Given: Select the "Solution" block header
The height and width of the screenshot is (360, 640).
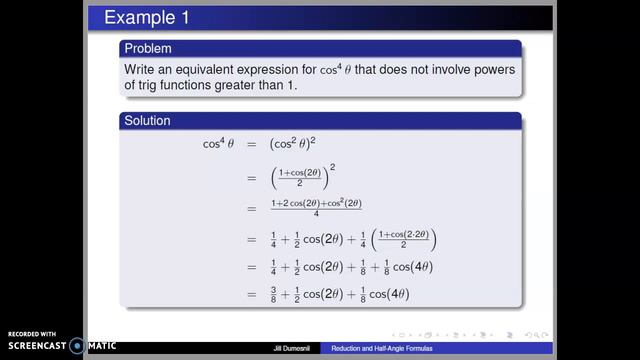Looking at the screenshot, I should tap(146, 121).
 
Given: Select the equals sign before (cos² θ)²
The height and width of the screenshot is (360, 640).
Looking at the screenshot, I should tap(252, 145).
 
